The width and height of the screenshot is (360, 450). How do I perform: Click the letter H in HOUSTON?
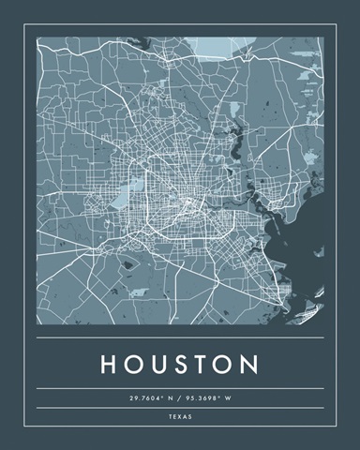107,363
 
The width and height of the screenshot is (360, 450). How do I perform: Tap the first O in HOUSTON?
133,363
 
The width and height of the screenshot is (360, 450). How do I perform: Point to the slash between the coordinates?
179,398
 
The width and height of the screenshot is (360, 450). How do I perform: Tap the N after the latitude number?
170,398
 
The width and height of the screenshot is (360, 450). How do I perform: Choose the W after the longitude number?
227,398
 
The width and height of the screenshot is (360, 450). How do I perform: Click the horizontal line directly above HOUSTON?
180,337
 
